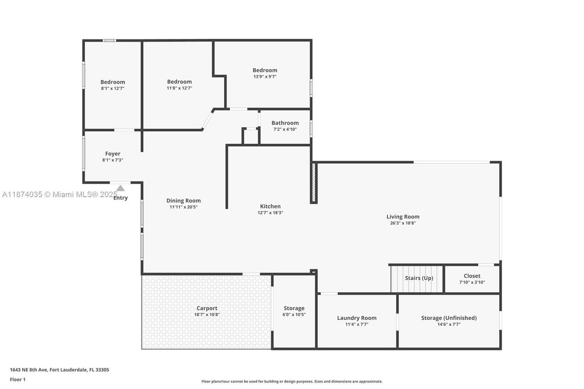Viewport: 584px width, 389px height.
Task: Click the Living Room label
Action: pyautogui.click(x=402, y=217)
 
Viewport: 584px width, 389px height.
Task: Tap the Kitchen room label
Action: pyautogui.click(x=270, y=206)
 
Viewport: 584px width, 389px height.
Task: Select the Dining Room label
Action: pyautogui.click(x=183, y=200)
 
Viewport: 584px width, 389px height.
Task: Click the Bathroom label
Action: pyautogui.click(x=285, y=123)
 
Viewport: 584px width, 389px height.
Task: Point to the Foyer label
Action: pyautogui.click(x=112, y=154)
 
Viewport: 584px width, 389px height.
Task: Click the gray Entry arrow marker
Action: pyautogui.click(x=120, y=188)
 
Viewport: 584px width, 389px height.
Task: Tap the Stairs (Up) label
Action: pyautogui.click(x=419, y=278)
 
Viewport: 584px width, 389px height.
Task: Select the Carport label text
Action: pyautogui.click(x=206, y=308)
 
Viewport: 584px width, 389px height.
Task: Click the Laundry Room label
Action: pyautogui.click(x=357, y=318)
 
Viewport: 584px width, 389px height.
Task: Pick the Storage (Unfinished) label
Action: pyautogui.click(x=448, y=318)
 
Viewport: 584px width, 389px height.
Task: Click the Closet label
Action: pyautogui.click(x=472, y=276)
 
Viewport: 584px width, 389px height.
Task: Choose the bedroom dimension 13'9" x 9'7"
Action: pyautogui.click(x=265, y=77)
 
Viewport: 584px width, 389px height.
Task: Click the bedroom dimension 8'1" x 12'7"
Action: pyautogui.click(x=112, y=88)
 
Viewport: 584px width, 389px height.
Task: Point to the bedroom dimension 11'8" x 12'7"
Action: pyautogui.click(x=179, y=88)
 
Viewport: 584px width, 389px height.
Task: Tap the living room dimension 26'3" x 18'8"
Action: pyautogui.click(x=402, y=223)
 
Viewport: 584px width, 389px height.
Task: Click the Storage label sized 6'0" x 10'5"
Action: pyautogui.click(x=294, y=308)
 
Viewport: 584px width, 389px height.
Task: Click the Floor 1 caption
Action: pyautogui.click(x=17, y=379)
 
